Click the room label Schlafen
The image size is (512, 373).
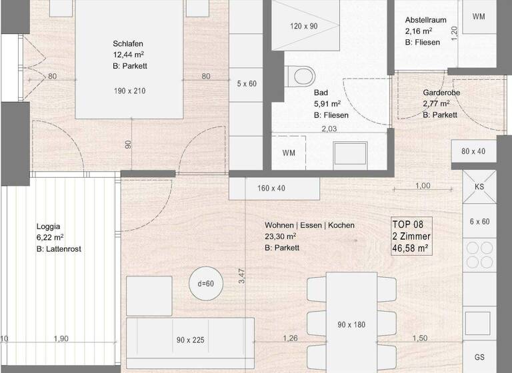128,44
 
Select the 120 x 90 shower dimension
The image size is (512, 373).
304,27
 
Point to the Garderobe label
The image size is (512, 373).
441,93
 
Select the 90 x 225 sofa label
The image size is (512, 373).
191,340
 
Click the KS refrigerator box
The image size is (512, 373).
479,187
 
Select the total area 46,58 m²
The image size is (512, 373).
410,248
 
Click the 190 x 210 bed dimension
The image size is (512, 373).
129,91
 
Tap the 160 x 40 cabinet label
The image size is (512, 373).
271,188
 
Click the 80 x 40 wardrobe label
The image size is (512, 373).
474,151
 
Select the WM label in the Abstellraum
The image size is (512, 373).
479,16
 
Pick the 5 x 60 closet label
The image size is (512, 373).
247,84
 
